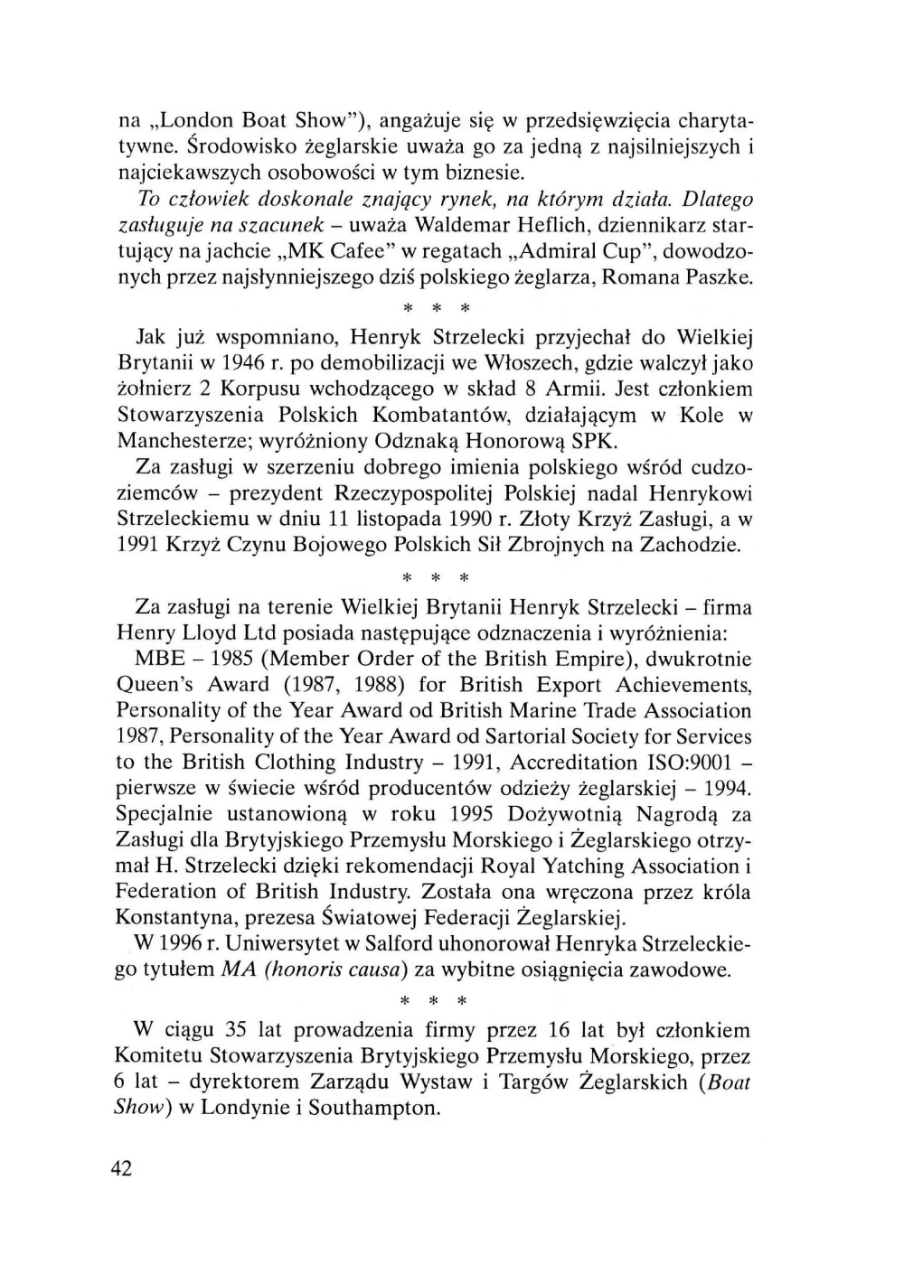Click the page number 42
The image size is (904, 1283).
121,1168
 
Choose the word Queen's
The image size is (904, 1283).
155,685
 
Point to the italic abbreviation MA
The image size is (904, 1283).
236,970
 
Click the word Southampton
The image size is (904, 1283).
374,1108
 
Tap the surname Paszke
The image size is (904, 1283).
717,276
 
